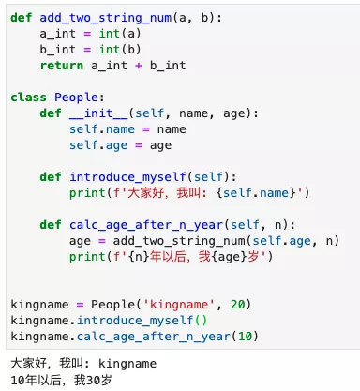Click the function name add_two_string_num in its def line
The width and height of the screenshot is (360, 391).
106,18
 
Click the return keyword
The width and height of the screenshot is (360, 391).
62,66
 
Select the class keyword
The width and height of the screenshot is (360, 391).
28,98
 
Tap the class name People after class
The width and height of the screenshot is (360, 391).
77,98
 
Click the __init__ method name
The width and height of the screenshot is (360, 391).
98,113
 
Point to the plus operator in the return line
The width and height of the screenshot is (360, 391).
139,66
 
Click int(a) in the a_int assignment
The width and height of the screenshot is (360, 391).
120,34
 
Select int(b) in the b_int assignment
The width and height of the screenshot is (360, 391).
120,50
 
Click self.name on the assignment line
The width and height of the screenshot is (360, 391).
102,129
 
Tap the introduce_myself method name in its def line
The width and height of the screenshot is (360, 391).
127,177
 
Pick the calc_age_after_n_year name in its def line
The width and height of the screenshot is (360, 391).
146,225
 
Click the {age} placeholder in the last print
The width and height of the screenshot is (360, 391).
229,257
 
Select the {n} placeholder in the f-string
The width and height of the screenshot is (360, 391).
139,257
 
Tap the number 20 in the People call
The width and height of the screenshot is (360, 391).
238,305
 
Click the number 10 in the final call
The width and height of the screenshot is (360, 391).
246,337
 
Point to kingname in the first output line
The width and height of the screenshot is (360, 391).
127,364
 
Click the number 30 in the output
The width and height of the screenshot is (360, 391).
93,381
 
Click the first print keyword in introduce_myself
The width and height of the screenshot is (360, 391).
87,193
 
